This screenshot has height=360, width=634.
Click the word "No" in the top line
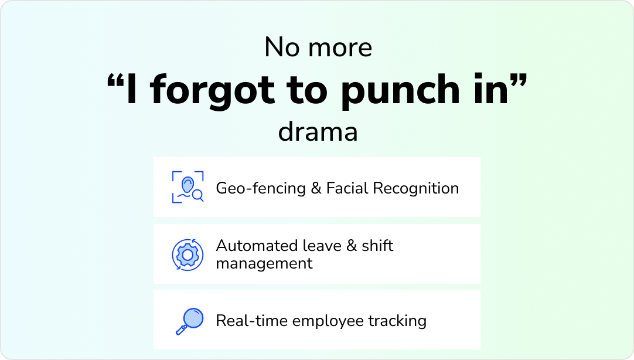(x=281, y=47)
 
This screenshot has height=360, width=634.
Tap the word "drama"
(x=318, y=132)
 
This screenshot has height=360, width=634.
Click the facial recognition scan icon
(x=188, y=187)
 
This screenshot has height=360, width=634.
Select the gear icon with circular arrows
(x=188, y=254)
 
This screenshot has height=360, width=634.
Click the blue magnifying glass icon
(x=189, y=321)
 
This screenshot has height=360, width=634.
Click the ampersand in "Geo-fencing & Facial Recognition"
(x=316, y=188)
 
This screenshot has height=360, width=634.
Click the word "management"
(x=264, y=263)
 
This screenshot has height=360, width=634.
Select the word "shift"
(x=377, y=245)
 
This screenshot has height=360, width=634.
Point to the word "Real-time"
(x=251, y=321)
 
